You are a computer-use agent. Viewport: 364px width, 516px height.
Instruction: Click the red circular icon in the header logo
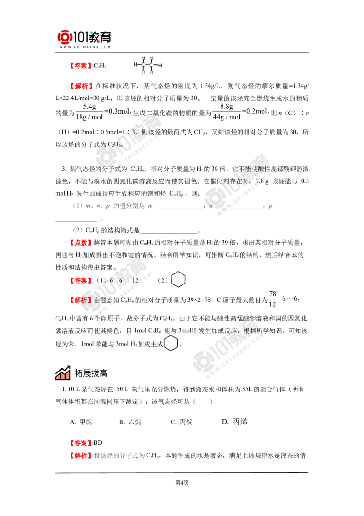[64, 37]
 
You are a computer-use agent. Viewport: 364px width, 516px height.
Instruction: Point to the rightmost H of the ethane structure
[161, 66]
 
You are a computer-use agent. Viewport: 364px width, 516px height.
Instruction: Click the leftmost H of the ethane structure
[134, 65]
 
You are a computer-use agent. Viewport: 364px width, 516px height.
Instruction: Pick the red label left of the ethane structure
[80, 66]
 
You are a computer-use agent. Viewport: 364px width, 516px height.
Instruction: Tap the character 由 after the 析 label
[96, 300]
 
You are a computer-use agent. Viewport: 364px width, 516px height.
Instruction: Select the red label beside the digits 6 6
[82, 280]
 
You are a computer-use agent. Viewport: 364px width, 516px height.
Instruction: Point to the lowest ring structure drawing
[171, 344]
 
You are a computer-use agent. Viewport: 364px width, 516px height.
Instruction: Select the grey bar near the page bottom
[120, 455]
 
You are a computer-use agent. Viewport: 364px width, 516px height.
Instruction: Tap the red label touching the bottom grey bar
[82, 455]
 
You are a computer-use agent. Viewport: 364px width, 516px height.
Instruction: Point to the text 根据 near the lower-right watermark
[249, 331]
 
